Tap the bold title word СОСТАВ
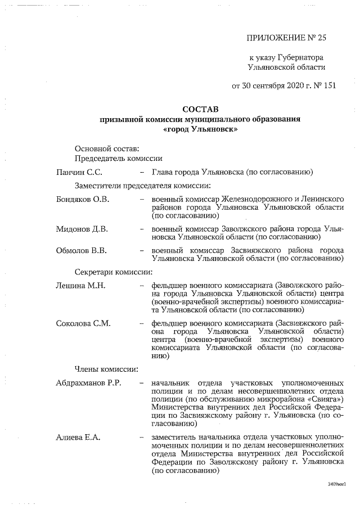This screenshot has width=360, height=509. tap(200, 109)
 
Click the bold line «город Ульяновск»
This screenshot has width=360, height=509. tap(200, 129)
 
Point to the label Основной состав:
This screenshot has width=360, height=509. tap(106, 148)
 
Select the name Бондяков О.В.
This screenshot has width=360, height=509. tap(82, 199)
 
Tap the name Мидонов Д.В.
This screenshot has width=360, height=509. tap(82, 229)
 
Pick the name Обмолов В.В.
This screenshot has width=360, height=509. tap(81, 250)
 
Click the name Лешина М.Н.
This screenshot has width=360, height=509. tap(80, 285)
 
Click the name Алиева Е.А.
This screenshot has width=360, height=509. tap(78, 437)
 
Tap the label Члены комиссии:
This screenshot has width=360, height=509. tap(107, 369)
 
